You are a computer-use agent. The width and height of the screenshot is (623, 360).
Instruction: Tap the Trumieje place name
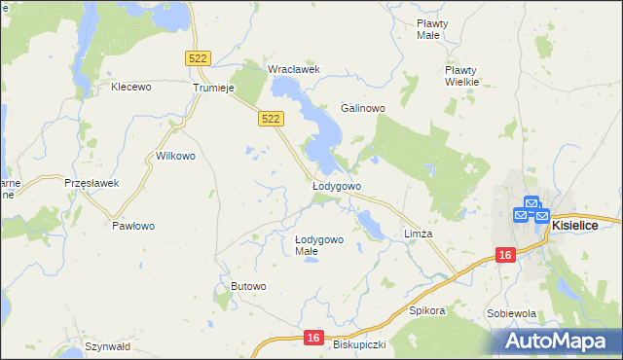(x=215, y=88)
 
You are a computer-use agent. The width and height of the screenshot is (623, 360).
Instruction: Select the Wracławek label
(x=294, y=69)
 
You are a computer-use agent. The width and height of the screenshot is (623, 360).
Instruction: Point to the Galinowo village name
(x=363, y=108)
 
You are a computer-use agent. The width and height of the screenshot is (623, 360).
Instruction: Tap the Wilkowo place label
(x=176, y=156)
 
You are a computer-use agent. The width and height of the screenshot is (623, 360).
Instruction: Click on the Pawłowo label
(x=133, y=226)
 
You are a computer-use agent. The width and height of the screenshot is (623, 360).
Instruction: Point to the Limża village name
(x=418, y=234)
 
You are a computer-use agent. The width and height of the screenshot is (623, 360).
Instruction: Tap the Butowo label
(x=248, y=285)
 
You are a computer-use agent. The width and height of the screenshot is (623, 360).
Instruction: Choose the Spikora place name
(x=426, y=311)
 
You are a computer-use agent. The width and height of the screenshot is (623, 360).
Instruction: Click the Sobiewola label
(x=512, y=314)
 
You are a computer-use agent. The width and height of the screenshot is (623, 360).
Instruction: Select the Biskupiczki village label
(x=360, y=344)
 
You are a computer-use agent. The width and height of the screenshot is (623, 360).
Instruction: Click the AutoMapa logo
(x=558, y=341)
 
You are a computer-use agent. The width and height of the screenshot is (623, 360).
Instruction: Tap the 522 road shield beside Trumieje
(x=198, y=59)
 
